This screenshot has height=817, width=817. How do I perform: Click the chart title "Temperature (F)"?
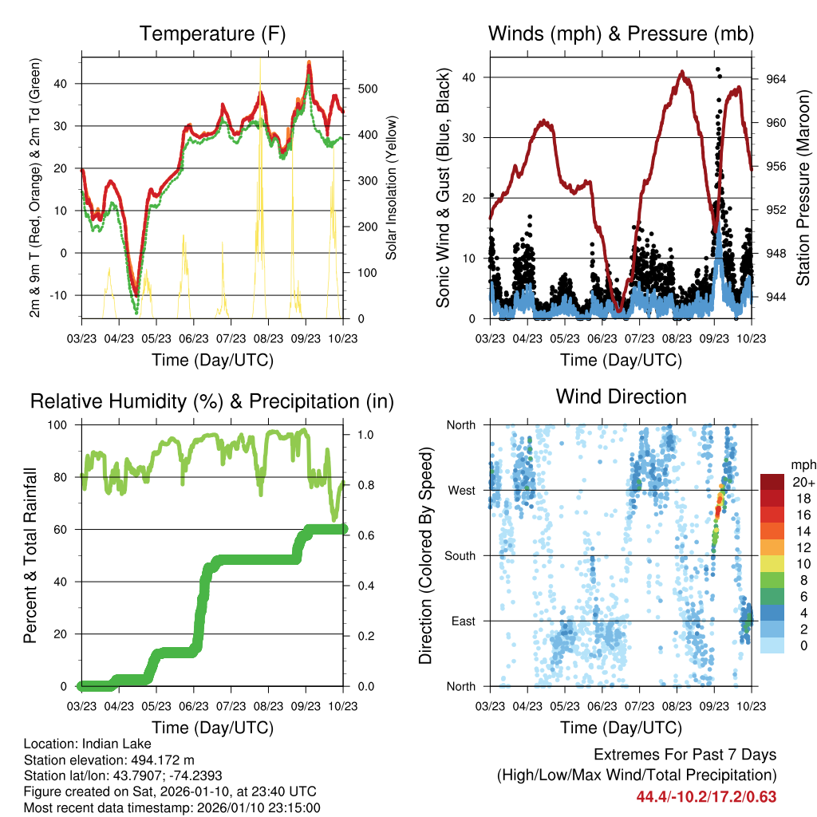pos(212,34)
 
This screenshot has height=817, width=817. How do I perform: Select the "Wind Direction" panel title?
pos(621,397)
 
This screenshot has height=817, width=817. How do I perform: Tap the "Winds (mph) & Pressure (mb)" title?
pos(621,34)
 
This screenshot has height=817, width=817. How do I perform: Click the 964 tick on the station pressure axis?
pos(776,79)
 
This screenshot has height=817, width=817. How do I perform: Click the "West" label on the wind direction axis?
pos(461,490)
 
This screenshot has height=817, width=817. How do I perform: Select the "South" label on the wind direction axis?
pos(460,555)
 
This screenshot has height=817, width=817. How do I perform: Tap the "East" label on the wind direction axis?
pos(463,621)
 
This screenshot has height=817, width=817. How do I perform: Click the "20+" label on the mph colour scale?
pos(801,482)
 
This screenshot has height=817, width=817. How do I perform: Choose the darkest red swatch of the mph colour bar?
pos(772,482)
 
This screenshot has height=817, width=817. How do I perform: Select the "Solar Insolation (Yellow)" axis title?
pos(392,188)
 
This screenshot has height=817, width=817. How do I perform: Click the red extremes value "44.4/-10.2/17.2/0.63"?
pos(706,797)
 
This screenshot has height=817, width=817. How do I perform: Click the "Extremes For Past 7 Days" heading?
pos(685,755)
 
